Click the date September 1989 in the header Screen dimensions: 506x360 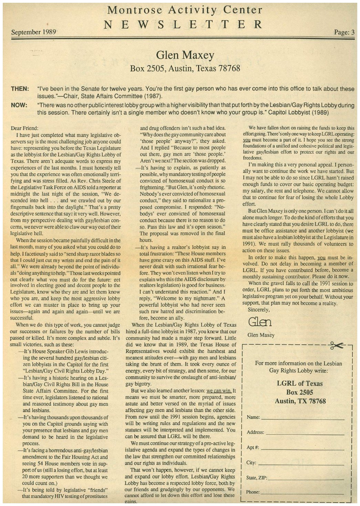pyautogui.click(x=33, y=32)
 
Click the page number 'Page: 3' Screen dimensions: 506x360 pyautogui.click(x=344, y=32)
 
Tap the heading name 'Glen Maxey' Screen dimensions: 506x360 pyautogui.click(x=185, y=55)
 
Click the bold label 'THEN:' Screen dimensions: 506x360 pyautogui.click(x=20, y=89)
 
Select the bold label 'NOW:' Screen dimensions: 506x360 pyautogui.click(x=19, y=105)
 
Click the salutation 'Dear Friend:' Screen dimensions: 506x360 pyautogui.click(x=24, y=128)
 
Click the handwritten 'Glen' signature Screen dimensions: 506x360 pyautogui.click(x=260, y=322)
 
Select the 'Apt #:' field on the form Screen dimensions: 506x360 pyautogui.click(x=302, y=449)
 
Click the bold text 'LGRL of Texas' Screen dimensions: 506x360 pyautogui.click(x=300, y=383)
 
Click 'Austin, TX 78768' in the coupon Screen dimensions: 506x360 pyautogui.click(x=300, y=401)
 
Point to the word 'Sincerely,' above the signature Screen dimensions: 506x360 pyautogui.click(x=259, y=310)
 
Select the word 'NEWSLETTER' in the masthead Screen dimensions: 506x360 pyautogui.click(x=184, y=25)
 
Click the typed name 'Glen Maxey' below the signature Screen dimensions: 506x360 pyautogui.click(x=261, y=335)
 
